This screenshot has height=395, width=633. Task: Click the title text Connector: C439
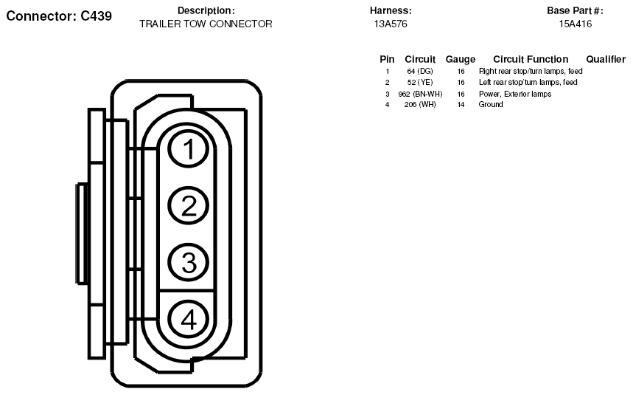pyautogui.click(x=59, y=16)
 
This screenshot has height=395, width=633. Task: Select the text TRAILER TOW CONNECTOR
pyautogui.click(x=206, y=24)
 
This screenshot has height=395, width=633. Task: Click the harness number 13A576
pyautogui.click(x=391, y=24)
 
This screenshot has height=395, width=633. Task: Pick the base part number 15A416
pyautogui.click(x=576, y=24)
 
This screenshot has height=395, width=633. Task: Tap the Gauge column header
pyautogui.click(x=461, y=59)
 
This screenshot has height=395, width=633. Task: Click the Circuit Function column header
pyautogui.click(x=531, y=59)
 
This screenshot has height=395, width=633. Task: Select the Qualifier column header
pyautogui.click(x=606, y=59)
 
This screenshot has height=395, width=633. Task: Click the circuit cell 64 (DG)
pyautogui.click(x=420, y=71)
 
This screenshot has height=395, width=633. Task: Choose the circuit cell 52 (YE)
pyautogui.click(x=420, y=83)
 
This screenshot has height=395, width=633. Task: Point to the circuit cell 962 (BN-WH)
pyautogui.click(x=420, y=95)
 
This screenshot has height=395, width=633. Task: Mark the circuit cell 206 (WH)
pyautogui.click(x=420, y=105)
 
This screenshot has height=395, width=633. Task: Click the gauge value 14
pyautogui.click(x=461, y=105)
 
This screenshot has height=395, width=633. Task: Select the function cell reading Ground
pyautogui.click(x=491, y=104)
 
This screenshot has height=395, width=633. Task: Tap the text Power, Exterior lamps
pyautogui.click(x=515, y=94)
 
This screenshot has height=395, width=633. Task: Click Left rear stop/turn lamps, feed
pyautogui.click(x=528, y=82)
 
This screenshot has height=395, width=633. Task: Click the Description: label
pyautogui.click(x=206, y=10)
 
